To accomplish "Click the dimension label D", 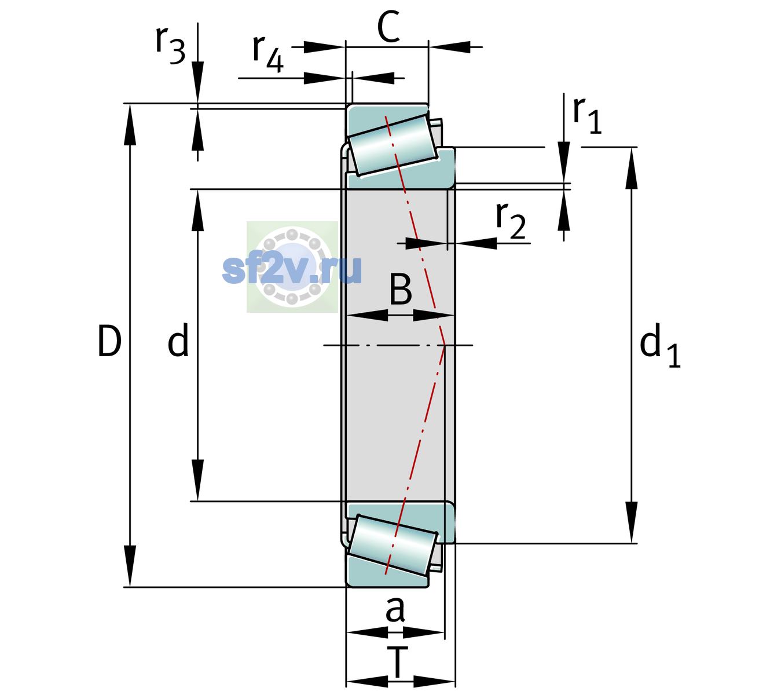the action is click(x=110, y=341).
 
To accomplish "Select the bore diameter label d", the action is click(x=178, y=340).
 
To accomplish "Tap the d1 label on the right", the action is click(x=659, y=345).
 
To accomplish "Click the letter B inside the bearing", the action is click(x=401, y=289).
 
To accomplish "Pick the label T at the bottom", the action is click(x=397, y=663).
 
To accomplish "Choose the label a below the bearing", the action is click(x=395, y=609).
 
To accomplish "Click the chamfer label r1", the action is click(x=587, y=115).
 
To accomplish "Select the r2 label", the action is click(x=511, y=220).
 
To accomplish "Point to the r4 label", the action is click(x=268, y=54).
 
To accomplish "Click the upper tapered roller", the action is click(x=393, y=145).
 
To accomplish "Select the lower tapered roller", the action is click(x=393, y=546).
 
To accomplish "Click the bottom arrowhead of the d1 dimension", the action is click(x=632, y=522).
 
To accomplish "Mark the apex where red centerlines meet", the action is click(x=445, y=345).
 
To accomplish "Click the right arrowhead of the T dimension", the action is click(x=434, y=682).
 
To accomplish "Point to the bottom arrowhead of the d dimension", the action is click(x=197, y=480).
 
